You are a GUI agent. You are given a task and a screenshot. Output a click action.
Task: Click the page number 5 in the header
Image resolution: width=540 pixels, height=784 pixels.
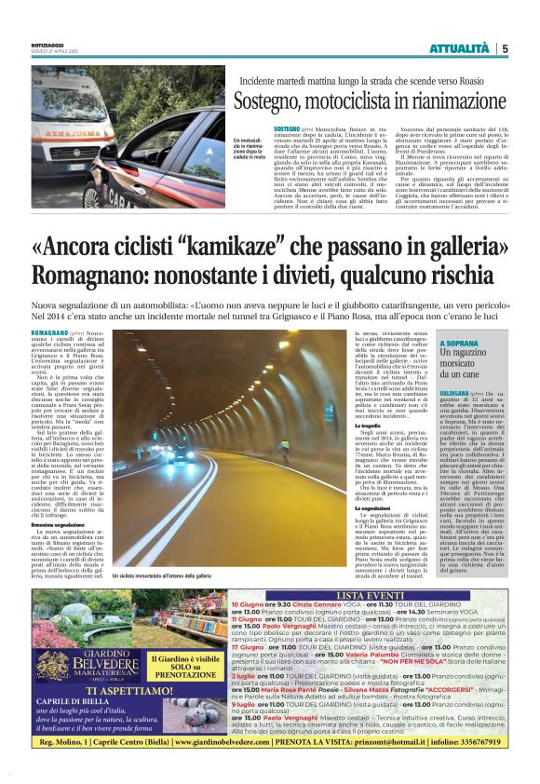point(505,48)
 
